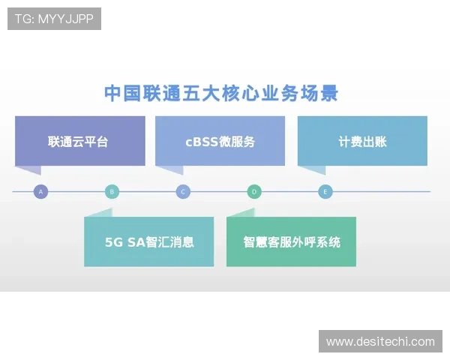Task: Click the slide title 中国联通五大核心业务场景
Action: pyautogui.click(x=220, y=93)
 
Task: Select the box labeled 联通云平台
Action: pyautogui.click(x=79, y=141)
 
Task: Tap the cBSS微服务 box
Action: pyautogui.click(x=220, y=141)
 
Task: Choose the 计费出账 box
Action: pyautogui.click(x=362, y=141)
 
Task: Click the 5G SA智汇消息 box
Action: pyautogui.click(x=149, y=241)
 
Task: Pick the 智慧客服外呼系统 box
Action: pyautogui.click(x=291, y=241)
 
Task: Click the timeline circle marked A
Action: pyautogui.click(x=40, y=192)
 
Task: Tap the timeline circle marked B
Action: pyautogui.click(x=112, y=192)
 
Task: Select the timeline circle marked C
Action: pyautogui.click(x=183, y=192)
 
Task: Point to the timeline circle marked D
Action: pyautogui.click(x=254, y=192)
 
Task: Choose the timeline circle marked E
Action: pyautogui.click(x=325, y=192)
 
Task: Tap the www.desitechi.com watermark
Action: pyautogui.click(x=380, y=342)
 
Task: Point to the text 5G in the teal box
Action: pyautogui.click(x=113, y=241)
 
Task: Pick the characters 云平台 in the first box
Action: pyautogui.click(x=91, y=141)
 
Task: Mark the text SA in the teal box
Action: pyautogui.click(x=135, y=241)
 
